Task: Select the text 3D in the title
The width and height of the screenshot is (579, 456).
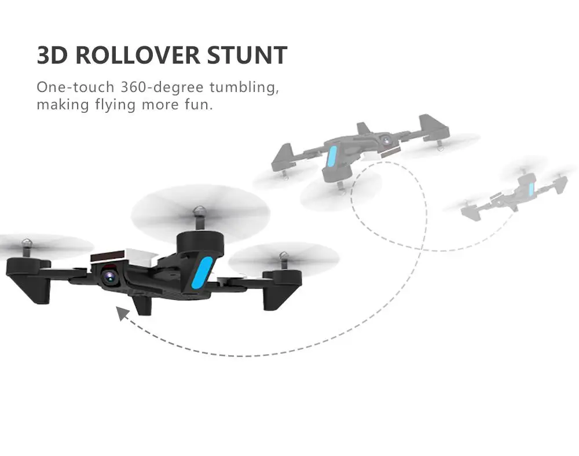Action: click(53, 55)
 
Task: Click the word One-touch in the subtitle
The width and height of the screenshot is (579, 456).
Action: click(75, 88)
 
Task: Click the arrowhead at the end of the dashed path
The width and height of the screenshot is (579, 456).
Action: click(122, 313)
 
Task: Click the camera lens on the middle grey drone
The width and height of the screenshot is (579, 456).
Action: click(384, 140)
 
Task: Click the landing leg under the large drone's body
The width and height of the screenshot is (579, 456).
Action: click(141, 303)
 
